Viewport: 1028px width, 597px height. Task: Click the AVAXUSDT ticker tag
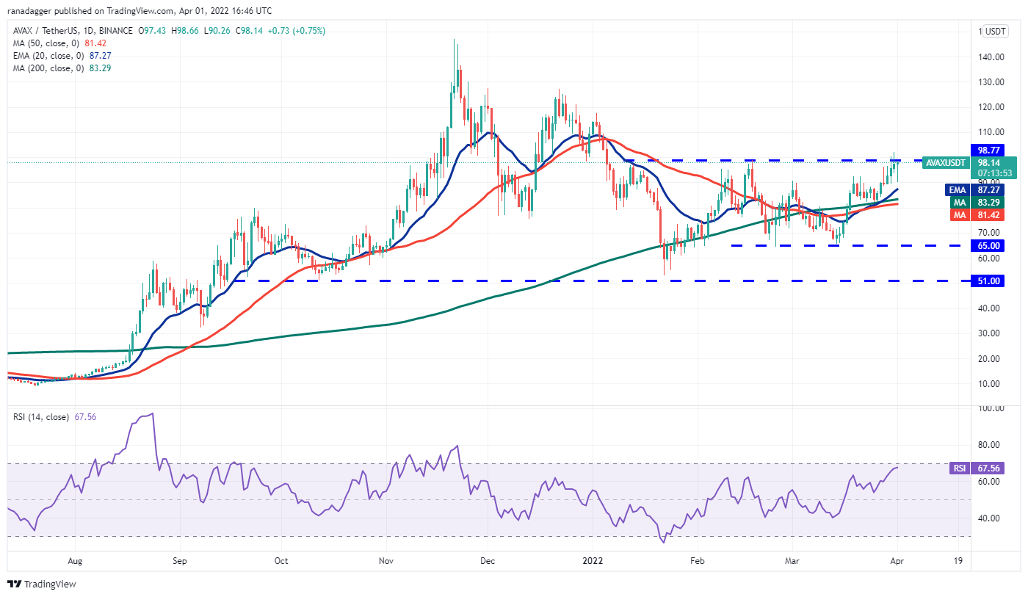pos(946,162)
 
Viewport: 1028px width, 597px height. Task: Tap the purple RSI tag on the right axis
pos(959,468)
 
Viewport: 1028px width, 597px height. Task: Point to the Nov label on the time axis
pos(387,560)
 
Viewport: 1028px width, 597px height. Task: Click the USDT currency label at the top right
pos(995,32)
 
